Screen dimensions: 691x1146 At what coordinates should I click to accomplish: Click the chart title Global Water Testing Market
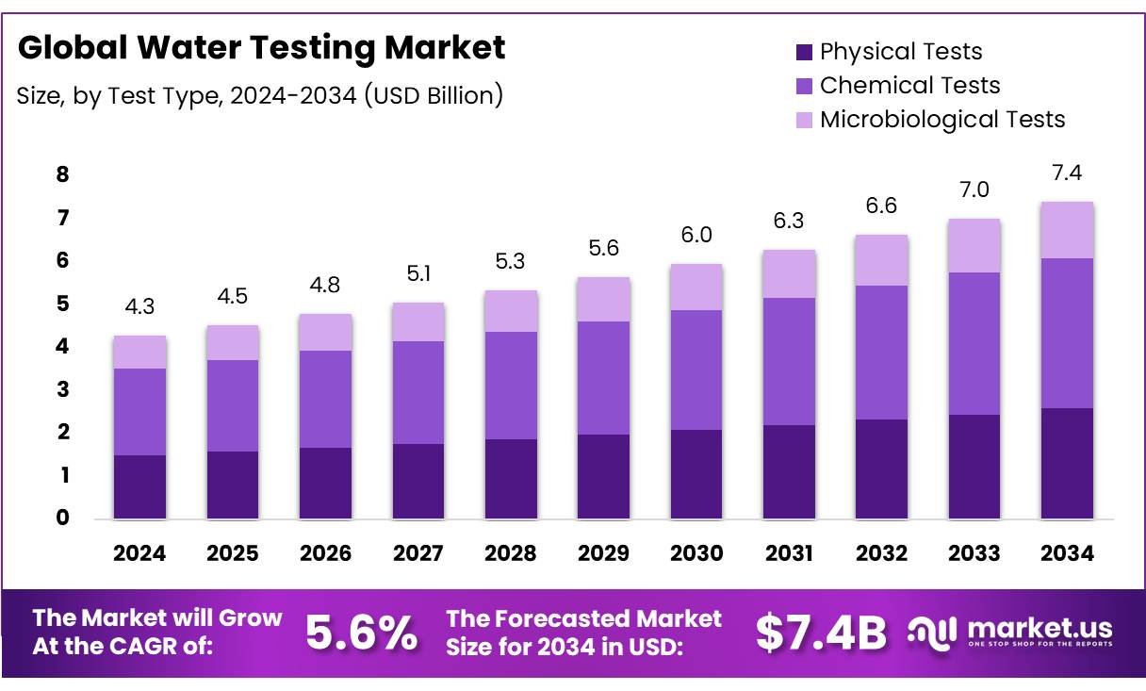(x=261, y=48)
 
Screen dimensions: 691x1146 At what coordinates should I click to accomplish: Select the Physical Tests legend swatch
(x=804, y=52)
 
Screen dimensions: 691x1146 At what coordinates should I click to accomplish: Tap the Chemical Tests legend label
(x=909, y=86)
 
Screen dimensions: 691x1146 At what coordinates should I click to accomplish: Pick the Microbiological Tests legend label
(x=942, y=120)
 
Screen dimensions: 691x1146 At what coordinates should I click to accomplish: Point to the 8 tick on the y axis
(x=62, y=174)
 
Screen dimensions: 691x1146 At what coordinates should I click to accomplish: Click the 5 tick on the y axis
(x=62, y=304)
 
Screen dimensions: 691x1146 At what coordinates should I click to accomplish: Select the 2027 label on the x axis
(x=417, y=553)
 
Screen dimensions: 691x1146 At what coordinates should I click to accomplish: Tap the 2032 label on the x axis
(x=881, y=553)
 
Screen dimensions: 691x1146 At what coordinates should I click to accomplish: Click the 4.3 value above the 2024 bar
(x=139, y=307)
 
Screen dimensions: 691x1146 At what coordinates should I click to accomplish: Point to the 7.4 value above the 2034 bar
(x=1067, y=173)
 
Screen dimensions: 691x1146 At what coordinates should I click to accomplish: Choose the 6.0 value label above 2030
(x=696, y=235)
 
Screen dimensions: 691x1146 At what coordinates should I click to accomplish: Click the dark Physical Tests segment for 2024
(x=139, y=486)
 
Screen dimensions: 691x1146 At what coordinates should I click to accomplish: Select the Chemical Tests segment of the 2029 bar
(x=603, y=377)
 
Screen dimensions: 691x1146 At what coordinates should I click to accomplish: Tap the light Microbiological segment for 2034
(x=1067, y=230)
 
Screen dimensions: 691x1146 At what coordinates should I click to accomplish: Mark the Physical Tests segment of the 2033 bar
(x=974, y=467)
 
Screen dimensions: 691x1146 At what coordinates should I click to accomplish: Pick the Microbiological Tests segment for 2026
(x=325, y=332)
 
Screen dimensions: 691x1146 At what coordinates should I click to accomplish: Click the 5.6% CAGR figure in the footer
(x=362, y=633)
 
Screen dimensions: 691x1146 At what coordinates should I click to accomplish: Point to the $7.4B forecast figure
(x=821, y=633)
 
